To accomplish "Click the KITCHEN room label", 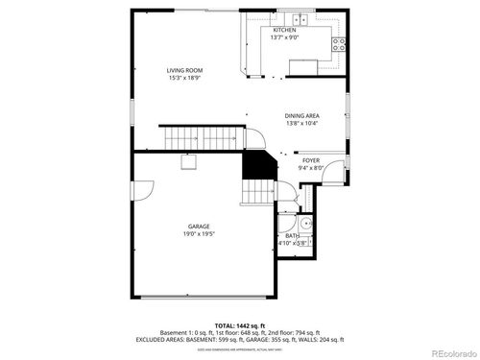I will (x=284, y=30).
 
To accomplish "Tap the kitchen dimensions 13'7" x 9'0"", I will (x=284, y=37).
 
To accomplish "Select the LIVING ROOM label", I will (x=183, y=70).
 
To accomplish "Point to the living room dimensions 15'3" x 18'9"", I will (x=183, y=78).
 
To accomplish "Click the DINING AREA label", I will (x=301, y=115).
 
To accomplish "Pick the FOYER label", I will (x=311, y=160).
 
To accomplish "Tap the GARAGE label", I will (x=199, y=226).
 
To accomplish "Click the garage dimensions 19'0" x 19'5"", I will (x=199, y=233).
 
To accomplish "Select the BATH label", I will (x=292, y=235).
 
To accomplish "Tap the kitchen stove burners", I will (x=339, y=42).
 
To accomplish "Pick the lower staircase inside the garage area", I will (x=255, y=195).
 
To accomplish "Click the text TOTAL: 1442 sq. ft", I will (x=239, y=324).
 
